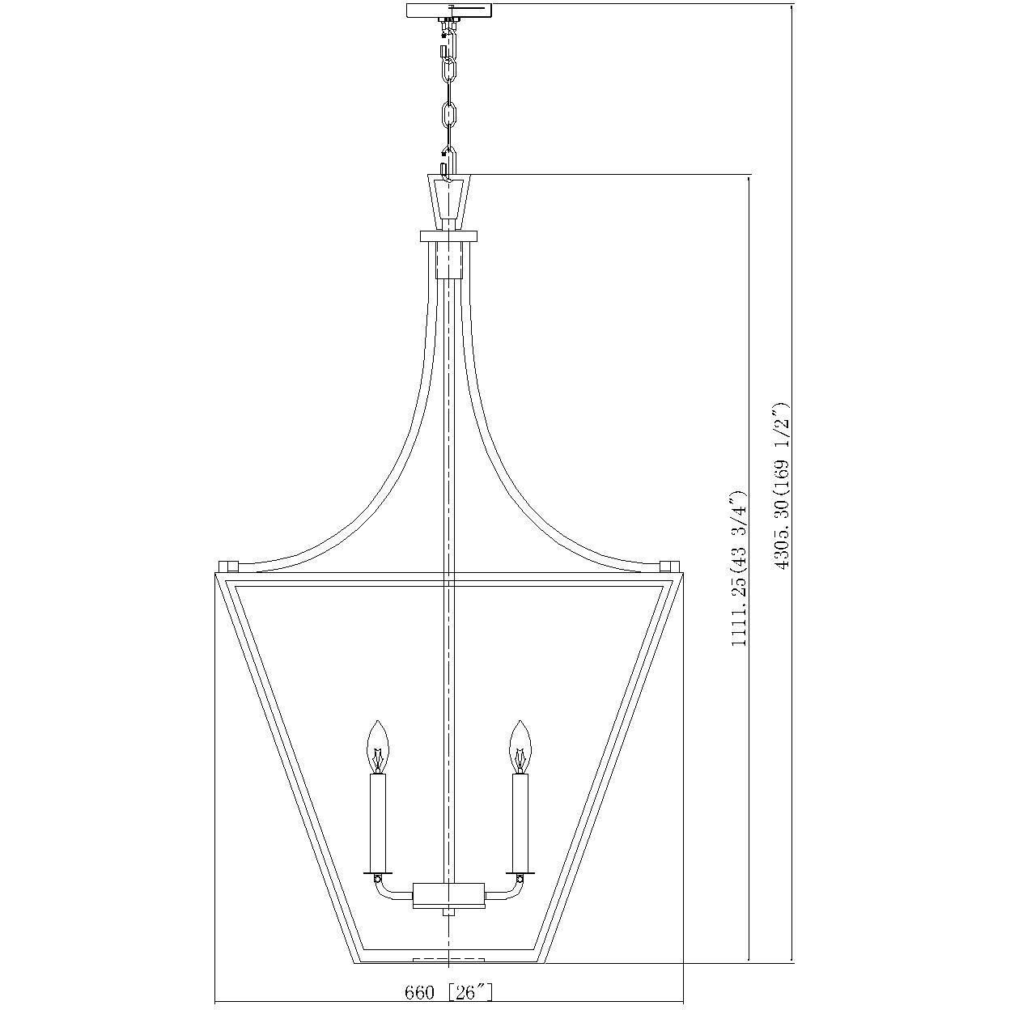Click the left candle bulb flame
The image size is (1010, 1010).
click(x=377, y=746)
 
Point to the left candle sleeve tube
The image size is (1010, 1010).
click(x=377, y=821)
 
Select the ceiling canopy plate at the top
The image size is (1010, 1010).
click(x=449, y=11)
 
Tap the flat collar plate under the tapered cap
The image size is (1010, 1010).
click(x=449, y=236)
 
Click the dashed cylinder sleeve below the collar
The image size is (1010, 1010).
click(x=449, y=260)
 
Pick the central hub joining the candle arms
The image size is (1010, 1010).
click(x=448, y=895)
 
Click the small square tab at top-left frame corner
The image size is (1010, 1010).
click(x=227, y=565)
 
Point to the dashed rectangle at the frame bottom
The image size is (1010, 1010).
click(x=448, y=961)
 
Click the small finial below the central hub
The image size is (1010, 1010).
click(x=448, y=913)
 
